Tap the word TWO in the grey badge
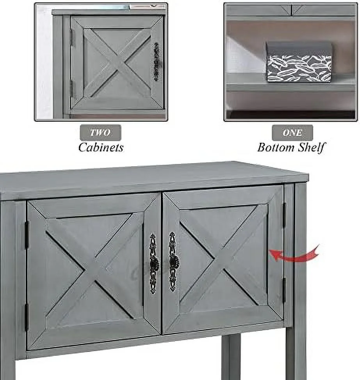[x=100, y=133]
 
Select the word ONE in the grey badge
[x=292, y=133]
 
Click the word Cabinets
[x=101, y=147]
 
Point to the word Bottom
[x=276, y=147]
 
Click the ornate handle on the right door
[x=173, y=262]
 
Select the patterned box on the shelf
[x=299, y=62]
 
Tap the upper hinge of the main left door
[x=27, y=234]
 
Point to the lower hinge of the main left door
[x=26, y=318]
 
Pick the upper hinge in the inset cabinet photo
[x=71, y=37]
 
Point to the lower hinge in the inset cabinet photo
[x=71, y=88]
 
